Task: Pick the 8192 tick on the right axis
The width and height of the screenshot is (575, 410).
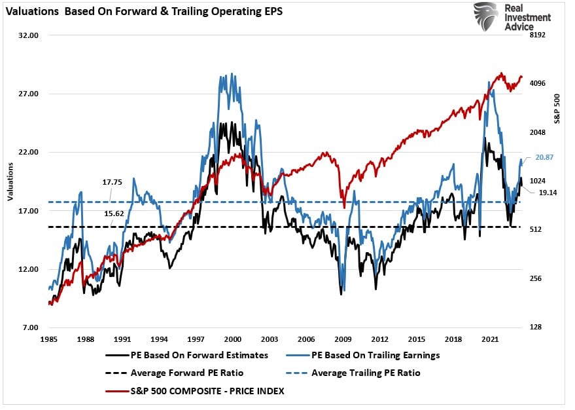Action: click(x=538, y=35)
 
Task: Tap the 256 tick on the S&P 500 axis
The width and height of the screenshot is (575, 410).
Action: click(x=536, y=278)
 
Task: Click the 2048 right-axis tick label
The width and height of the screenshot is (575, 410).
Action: click(x=538, y=132)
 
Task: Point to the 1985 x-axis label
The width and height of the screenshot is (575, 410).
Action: click(x=49, y=340)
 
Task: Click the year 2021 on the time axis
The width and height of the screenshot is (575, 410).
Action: click(x=488, y=340)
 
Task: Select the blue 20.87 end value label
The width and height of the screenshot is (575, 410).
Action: click(x=544, y=157)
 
